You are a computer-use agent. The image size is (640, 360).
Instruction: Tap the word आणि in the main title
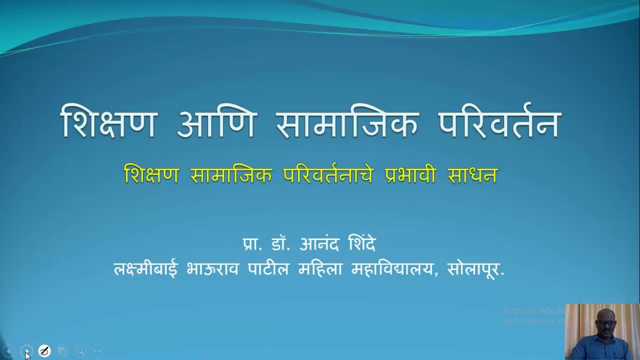coord(216,122)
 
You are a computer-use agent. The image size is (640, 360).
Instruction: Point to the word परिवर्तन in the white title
coord(499,122)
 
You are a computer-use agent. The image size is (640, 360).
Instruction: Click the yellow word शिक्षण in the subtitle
coord(151,175)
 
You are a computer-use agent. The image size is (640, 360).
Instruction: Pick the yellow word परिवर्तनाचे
coord(327,175)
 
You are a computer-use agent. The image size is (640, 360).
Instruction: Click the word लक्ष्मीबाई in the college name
coord(145,269)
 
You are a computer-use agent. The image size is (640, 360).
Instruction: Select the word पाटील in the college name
coord(268,269)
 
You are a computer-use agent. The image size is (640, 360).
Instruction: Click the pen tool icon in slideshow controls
coord(44,351)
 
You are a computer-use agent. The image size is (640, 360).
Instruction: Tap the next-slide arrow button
coord(26,351)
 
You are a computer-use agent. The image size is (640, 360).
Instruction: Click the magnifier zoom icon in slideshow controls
coord(80,351)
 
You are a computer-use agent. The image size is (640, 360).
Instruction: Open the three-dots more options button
coord(98,351)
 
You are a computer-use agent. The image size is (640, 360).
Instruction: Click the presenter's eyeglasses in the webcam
coord(607,323)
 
